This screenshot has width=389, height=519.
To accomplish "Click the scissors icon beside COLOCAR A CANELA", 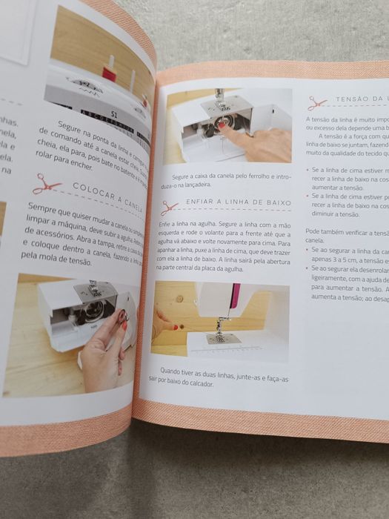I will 46,182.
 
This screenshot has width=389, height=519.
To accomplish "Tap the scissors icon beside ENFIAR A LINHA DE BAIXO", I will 170,208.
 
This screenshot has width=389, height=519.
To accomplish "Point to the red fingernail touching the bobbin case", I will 222,126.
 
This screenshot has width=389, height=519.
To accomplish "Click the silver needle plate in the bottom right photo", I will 222,338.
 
